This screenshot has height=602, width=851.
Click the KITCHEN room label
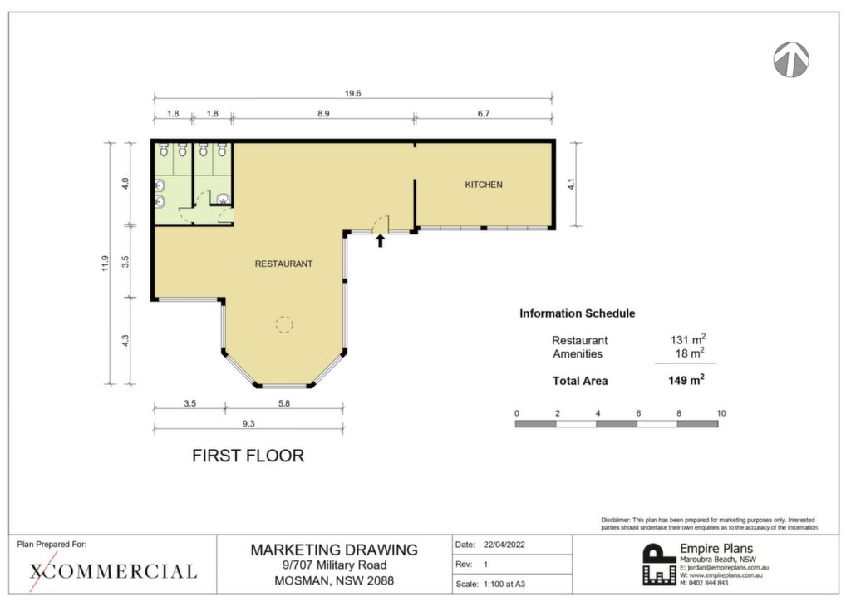coord(484,185)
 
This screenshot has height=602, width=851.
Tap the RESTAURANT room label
coord(284,264)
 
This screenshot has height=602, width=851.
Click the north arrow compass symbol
coord(791,59)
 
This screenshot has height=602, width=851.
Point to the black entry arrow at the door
coord(381,240)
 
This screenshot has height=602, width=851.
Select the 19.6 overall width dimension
coord(352,93)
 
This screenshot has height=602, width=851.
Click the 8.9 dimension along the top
coord(323,113)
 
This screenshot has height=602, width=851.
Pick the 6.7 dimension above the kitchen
coord(484,113)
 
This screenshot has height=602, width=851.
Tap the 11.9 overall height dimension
coord(106,264)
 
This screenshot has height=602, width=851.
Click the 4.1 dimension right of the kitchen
coord(570,185)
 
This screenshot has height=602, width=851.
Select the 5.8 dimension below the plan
coord(284,403)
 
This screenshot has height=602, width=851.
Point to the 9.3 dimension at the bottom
coord(248,423)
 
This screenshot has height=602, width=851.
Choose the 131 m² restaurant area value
coord(687,340)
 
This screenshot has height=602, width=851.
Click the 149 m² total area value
coord(686,380)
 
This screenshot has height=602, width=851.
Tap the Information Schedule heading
coord(577,313)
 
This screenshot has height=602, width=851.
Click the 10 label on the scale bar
coord(721,413)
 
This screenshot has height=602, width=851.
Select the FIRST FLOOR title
coord(248,456)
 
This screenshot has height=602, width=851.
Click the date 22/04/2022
coord(504,545)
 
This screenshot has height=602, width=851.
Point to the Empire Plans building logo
coord(659,565)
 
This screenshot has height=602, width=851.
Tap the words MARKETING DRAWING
coord(334,550)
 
